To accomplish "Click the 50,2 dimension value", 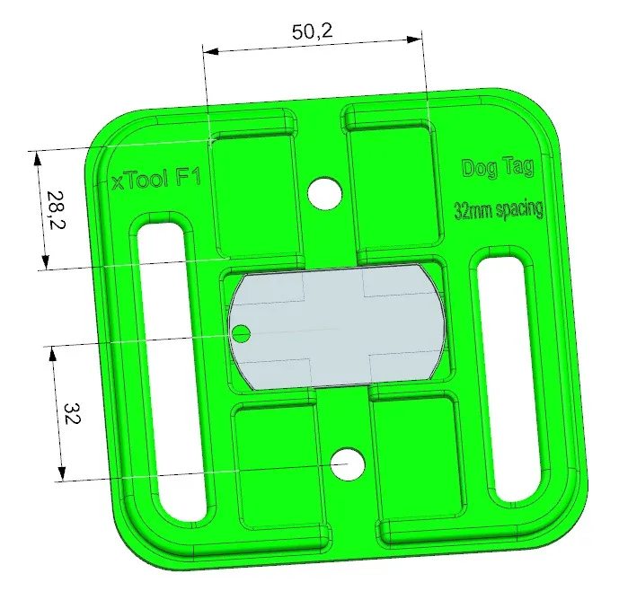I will point(313,31).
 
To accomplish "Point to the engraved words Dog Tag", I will point(498,167).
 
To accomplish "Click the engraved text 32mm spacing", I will point(499,211).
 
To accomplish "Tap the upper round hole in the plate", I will point(324,192).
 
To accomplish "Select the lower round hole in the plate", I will point(347,463).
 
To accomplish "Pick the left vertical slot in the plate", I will point(172,367).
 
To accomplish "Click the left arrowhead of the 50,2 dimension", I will point(208,52).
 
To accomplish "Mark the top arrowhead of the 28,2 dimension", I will point(37,156).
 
